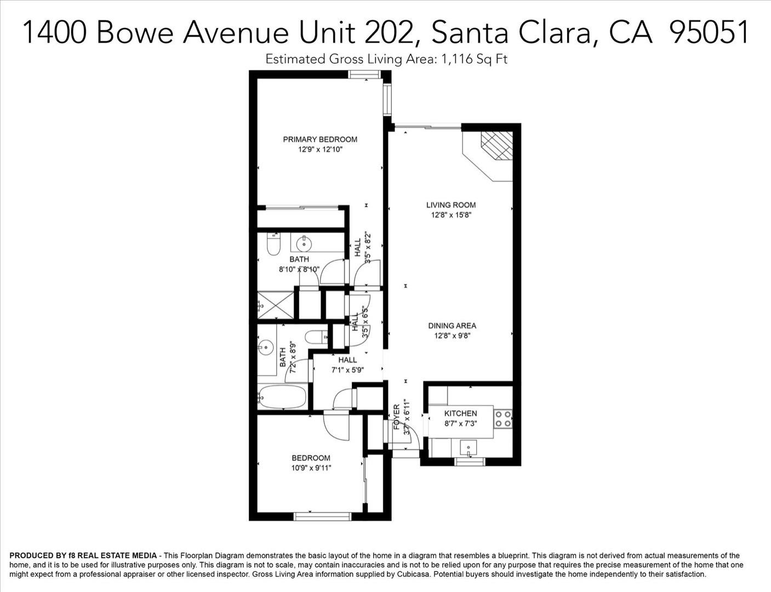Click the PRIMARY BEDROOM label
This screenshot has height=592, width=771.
(320, 139)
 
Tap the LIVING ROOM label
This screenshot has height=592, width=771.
(451, 205)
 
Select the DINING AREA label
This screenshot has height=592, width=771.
(452, 326)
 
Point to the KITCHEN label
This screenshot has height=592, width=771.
(460, 413)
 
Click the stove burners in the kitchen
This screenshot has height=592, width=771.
(503, 418)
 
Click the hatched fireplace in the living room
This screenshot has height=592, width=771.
(496, 145)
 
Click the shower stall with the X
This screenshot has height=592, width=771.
(276, 305)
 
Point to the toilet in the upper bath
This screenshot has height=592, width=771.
(273, 244)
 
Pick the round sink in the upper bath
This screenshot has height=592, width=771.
(304, 244)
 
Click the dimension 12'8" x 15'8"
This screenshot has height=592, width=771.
(451, 215)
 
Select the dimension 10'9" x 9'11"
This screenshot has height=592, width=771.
(311, 468)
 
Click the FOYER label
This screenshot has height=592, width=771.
(397, 417)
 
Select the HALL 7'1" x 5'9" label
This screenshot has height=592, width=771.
(348, 365)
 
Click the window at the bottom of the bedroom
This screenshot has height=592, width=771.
(323, 516)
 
